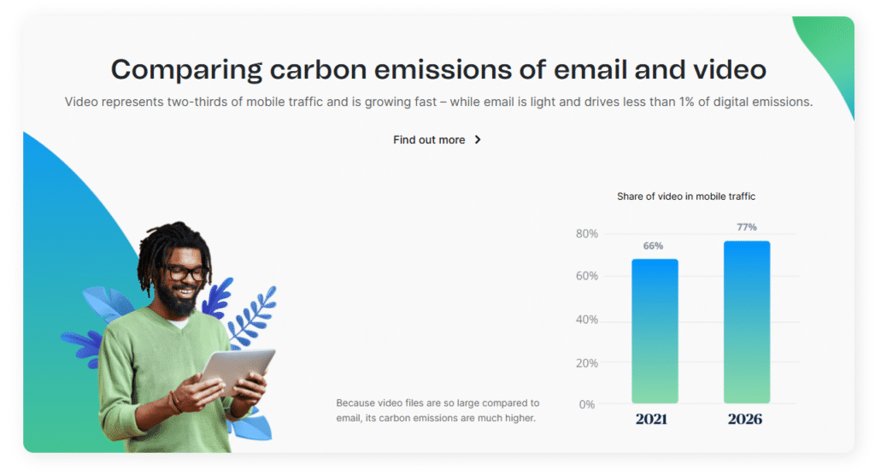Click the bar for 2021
[655, 331]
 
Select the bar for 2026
[747, 322]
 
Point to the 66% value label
[653, 246]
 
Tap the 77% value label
[747, 227]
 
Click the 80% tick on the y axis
[587, 234]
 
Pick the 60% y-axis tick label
[587, 276]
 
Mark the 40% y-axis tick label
[587, 320]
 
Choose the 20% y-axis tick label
[587, 363]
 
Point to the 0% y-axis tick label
[587, 404]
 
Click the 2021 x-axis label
[651, 419]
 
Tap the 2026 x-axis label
[745, 419]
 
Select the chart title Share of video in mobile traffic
[686, 197]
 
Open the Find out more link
[429, 140]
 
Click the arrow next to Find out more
[478, 140]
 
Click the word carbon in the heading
[318, 70]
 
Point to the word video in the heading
[730, 70]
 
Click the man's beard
[179, 300]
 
